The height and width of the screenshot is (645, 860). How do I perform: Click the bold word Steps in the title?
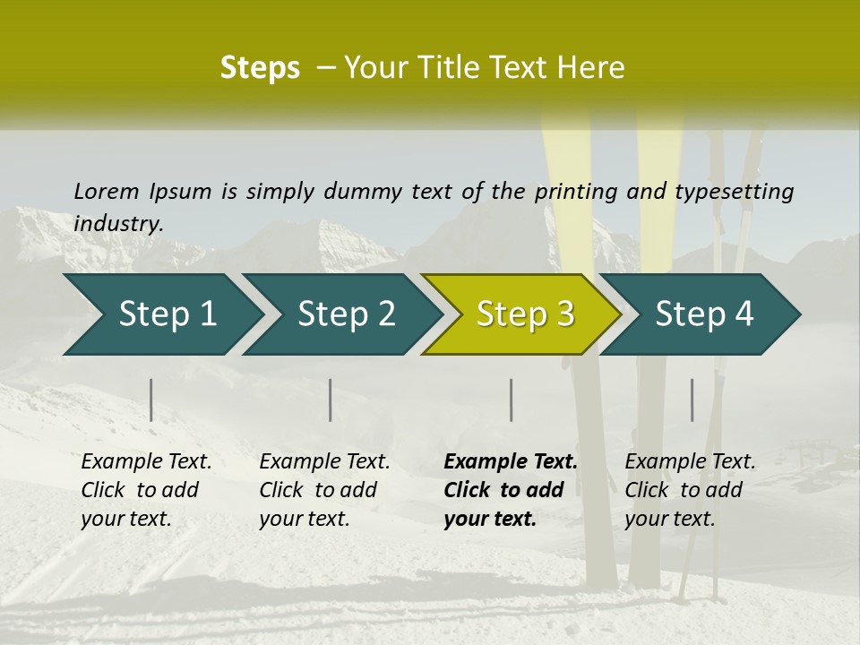260,67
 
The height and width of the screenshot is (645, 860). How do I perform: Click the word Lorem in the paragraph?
107,191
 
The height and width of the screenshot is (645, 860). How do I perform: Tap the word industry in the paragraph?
118,223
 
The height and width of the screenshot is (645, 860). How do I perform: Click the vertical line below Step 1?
151,400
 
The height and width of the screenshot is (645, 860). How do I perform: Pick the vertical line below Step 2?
331,400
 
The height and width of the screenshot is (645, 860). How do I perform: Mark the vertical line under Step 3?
511,400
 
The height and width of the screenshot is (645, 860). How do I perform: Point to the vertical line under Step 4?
692,400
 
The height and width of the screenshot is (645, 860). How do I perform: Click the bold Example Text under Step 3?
511,462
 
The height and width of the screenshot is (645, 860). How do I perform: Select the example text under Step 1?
146,490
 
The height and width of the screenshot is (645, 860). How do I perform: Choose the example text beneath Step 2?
324,490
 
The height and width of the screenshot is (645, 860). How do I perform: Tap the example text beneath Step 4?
690,490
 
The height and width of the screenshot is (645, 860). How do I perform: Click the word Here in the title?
591,67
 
